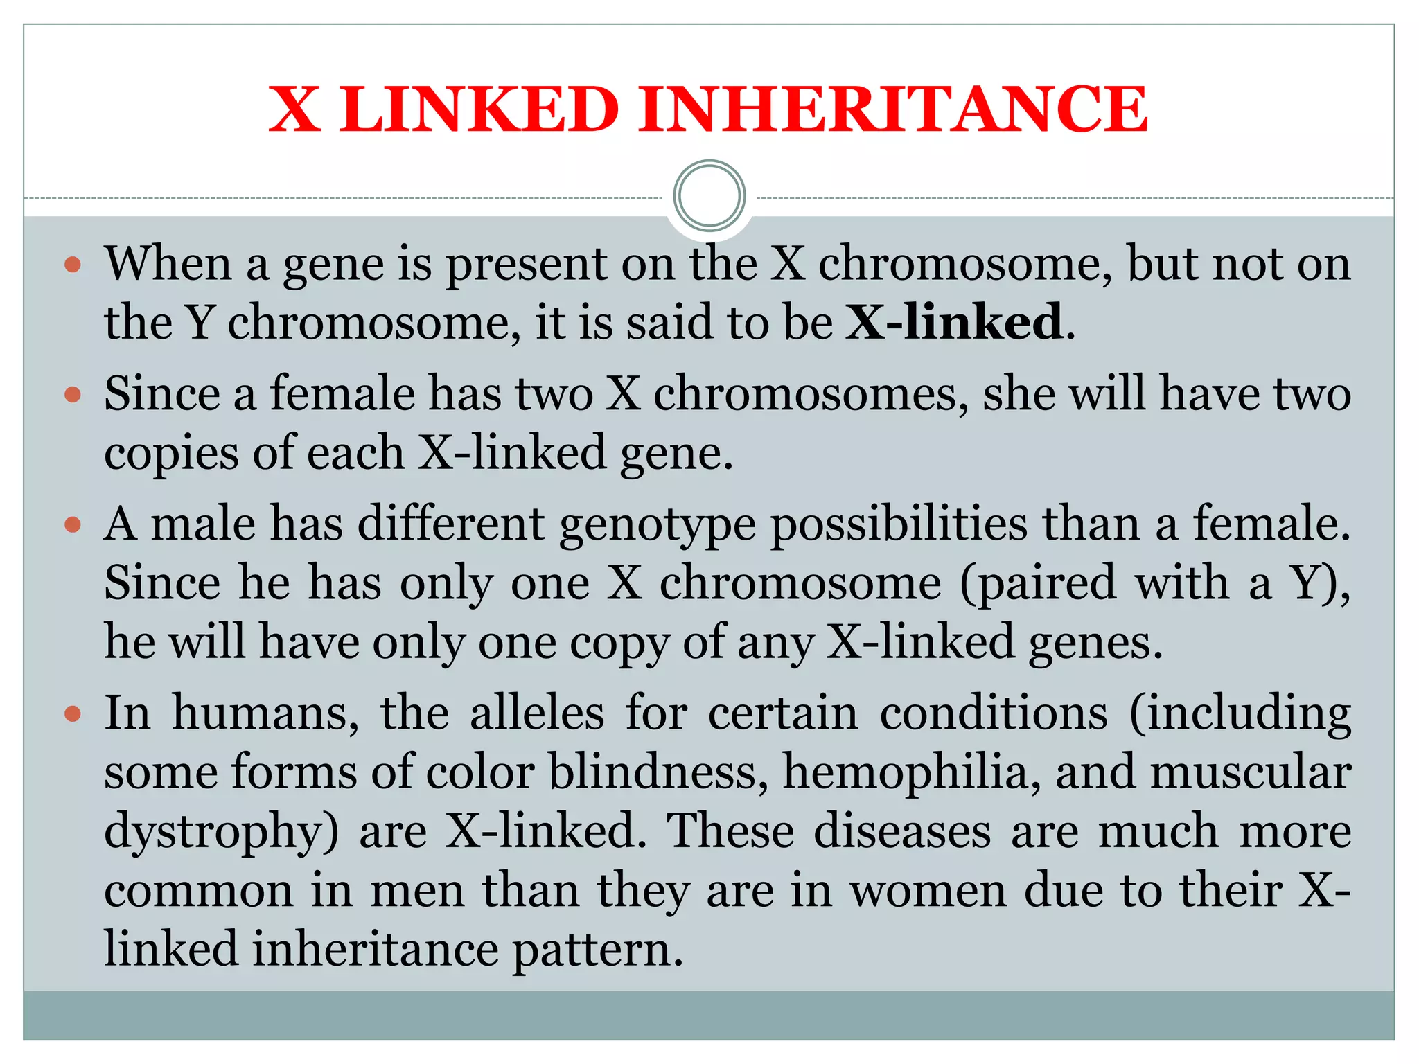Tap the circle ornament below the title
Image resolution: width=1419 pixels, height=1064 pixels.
tap(709, 196)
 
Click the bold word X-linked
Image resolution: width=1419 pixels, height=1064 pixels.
tap(954, 322)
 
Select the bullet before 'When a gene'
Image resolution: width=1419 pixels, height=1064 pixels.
tap(73, 265)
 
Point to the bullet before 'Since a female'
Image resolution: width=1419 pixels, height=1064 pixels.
tap(73, 395)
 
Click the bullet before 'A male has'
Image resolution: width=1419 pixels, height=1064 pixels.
tap(73, 524)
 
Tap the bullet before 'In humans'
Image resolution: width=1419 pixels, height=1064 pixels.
tap(73, 713)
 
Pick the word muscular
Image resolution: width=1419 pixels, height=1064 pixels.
tap(1251, 772)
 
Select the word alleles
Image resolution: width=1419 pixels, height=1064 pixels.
tap(537, 713)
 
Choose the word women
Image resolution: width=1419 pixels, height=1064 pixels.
tap(928, 892)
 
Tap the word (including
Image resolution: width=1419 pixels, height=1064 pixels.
tap(1240, 715)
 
